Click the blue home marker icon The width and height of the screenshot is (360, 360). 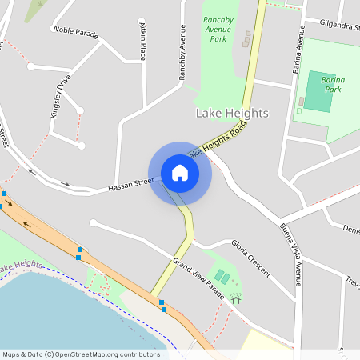pos(180,173)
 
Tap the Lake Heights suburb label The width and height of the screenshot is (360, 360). pos(232,114)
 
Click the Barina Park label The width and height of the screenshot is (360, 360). pos(326,84)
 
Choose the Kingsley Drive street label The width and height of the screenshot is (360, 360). pos(61,96)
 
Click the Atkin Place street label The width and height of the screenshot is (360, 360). pos(142,40)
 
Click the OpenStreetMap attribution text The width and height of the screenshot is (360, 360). pos(81,354)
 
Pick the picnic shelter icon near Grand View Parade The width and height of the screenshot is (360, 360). pos(235,299)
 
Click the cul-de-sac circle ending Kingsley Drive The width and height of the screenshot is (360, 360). pos(81,146)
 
